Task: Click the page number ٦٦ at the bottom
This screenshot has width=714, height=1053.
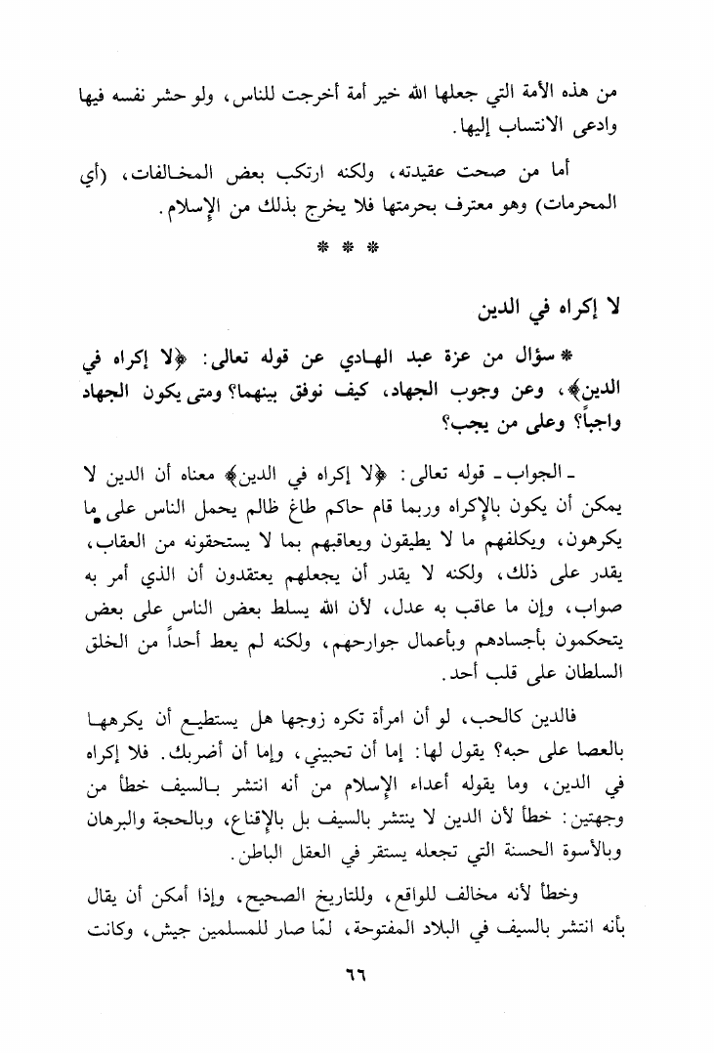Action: [x=357, y=976]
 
